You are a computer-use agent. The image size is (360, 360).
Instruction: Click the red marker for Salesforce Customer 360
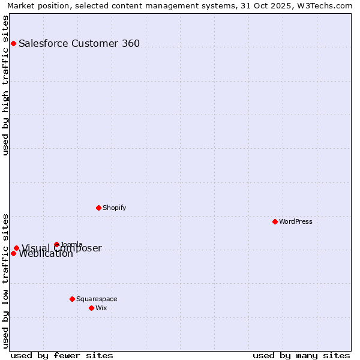(x=13, y=43)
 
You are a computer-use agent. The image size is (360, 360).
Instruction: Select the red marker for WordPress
(x=275, y=221)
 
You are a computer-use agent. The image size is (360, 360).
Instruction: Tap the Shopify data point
(x=98, y=208)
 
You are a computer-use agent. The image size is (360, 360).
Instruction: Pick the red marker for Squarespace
(x=72, y=299)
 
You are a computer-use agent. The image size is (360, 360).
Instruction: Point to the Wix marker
(x=91, y=308)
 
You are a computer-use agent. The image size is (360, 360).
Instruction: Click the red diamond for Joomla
(x=56, y=244)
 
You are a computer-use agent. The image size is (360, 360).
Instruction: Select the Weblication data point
(x=13, y=253)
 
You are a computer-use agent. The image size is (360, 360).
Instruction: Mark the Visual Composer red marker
(x=16, y=248)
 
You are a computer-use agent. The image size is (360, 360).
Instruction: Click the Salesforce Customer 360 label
(x=79, y=43)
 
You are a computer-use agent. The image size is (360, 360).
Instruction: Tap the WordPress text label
(x=296, y=221)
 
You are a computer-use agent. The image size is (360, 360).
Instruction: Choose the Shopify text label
(x=115, y=208)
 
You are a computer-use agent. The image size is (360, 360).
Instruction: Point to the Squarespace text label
(x=97, y=299)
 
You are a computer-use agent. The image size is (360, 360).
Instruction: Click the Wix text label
(x=101, y=308)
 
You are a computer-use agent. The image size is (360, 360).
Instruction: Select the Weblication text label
(x=46, y=254)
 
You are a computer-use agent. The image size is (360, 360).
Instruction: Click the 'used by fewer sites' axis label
(x=62, y=355)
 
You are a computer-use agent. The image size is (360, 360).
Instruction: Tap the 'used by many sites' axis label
(x=301, y=355)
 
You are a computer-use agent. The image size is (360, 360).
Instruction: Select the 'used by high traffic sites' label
(x=5, y=85)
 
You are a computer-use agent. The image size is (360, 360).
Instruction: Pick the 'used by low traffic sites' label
(x=5, y=280)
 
